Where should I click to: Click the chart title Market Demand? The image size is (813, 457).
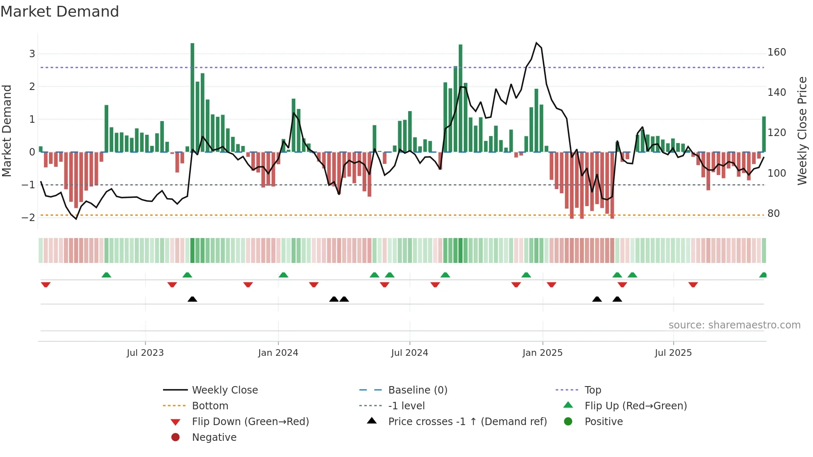click(60, 12)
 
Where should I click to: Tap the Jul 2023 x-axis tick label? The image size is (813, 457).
click(145, 353)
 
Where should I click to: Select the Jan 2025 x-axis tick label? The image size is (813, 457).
click(542, 353)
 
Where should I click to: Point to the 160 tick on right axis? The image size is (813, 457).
click(776, 52)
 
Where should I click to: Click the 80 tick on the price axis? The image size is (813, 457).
click(773, 214)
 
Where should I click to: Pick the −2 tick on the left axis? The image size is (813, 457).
click(28, 218)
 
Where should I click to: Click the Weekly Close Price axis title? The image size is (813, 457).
click(802, 131)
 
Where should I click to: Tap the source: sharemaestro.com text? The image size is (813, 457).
click(734, 325)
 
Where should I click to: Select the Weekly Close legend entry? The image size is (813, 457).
click(224, 390)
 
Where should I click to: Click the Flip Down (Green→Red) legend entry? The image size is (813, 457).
click(250, 422)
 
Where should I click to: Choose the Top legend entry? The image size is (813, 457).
click(592, 390)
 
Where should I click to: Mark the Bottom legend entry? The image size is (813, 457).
click(210, 406)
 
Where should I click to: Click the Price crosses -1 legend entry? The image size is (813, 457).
click(467, 422)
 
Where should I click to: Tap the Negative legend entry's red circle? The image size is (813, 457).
click(175, 438)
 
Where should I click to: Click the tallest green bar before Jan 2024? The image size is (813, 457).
click(192, 97)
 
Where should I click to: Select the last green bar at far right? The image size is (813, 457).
click(764, 134)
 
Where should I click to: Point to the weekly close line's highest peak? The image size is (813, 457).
click(536, 43)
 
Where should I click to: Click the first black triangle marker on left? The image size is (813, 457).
click(192, 299)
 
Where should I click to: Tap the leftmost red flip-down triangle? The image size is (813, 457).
click(46, 284)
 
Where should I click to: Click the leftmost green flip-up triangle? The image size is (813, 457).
click(106, 275)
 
